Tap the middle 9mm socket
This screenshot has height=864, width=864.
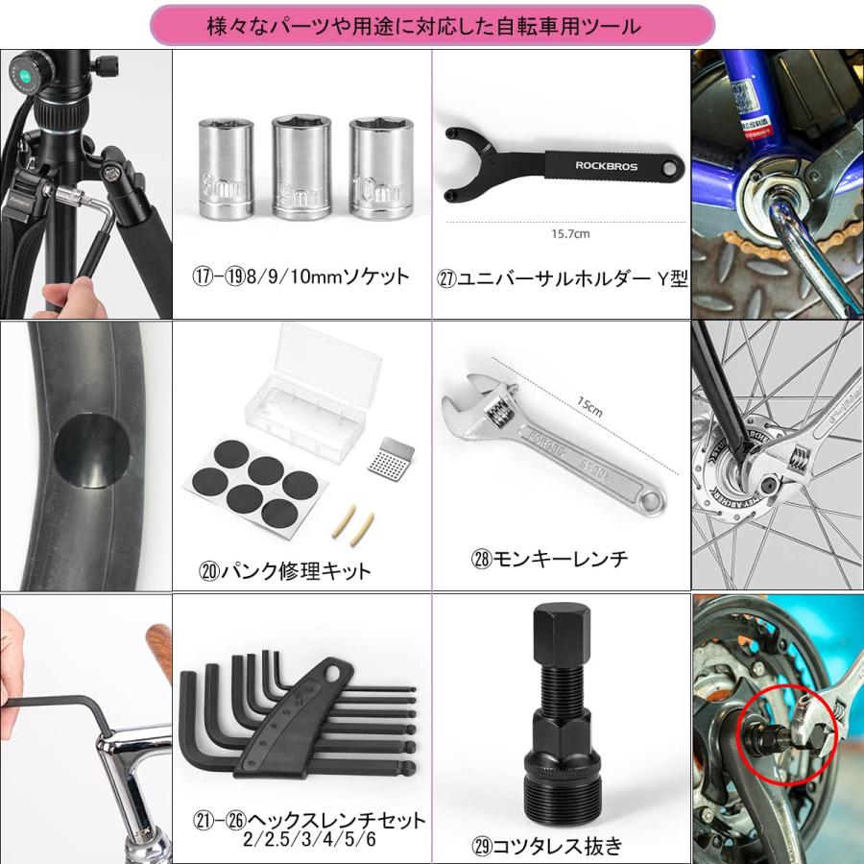(x=300, y=170)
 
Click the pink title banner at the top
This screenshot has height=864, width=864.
(x=432, y=27)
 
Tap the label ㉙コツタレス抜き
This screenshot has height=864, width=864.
(x=548, y=846)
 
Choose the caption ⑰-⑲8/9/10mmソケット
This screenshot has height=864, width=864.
(x=300, y=277)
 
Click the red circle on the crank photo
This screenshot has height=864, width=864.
(x=785, y=733)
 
